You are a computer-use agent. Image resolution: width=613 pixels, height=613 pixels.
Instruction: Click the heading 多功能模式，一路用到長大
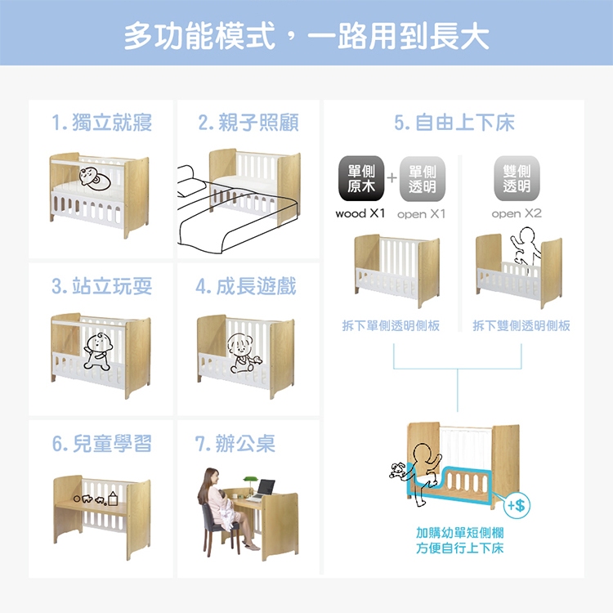(306, 36)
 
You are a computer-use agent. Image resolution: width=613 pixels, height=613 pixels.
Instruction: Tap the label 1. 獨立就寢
(101, 123)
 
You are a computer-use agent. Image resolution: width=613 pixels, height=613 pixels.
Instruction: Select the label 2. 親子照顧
(248, 123)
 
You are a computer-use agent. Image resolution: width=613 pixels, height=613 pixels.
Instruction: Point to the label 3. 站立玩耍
(101, 286)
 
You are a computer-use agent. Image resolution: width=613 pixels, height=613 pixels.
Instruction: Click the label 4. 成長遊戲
(246, 286)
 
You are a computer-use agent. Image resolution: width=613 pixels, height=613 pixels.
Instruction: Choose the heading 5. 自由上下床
(454, 123)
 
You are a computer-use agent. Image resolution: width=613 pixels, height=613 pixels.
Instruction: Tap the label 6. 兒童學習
(101, 444)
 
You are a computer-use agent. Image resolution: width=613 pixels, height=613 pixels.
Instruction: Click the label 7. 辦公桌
(235, 444)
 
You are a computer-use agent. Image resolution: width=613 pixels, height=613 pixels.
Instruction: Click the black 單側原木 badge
(361, 178)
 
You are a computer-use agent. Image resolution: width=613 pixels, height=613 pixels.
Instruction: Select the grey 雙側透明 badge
(517, 178)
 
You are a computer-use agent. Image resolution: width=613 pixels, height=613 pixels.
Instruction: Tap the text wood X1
(360, 213)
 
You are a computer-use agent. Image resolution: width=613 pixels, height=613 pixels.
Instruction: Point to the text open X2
(517, 213)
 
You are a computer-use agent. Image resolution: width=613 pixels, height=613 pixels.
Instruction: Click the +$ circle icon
(517, 505)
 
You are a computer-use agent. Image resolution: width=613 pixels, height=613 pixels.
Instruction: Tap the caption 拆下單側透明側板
(391, 325)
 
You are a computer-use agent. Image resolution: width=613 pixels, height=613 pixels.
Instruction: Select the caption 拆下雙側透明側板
(521, 325)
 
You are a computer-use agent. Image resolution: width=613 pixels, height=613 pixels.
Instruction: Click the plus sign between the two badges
(392, 178)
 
